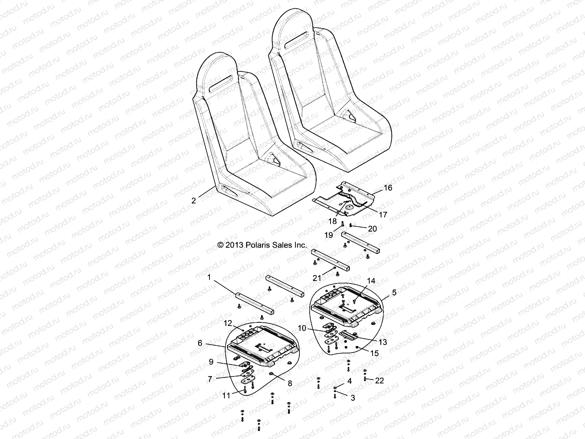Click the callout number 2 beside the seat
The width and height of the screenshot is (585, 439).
[194, 200]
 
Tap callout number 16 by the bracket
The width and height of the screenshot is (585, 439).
[388, 188]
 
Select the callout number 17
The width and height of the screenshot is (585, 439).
[383, 215]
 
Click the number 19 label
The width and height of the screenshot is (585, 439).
[329, 235]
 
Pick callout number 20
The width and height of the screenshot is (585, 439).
[372, 229]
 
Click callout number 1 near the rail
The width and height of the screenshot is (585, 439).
[209, 278]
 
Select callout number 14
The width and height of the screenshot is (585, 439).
[371, 281]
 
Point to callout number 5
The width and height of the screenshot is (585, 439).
[394, 292]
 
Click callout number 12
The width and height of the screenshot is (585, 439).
[228, 323]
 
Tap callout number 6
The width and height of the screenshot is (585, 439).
[200, 343]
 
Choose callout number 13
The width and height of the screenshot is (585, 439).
[383, 342]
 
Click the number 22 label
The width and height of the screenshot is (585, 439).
[380, 380]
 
